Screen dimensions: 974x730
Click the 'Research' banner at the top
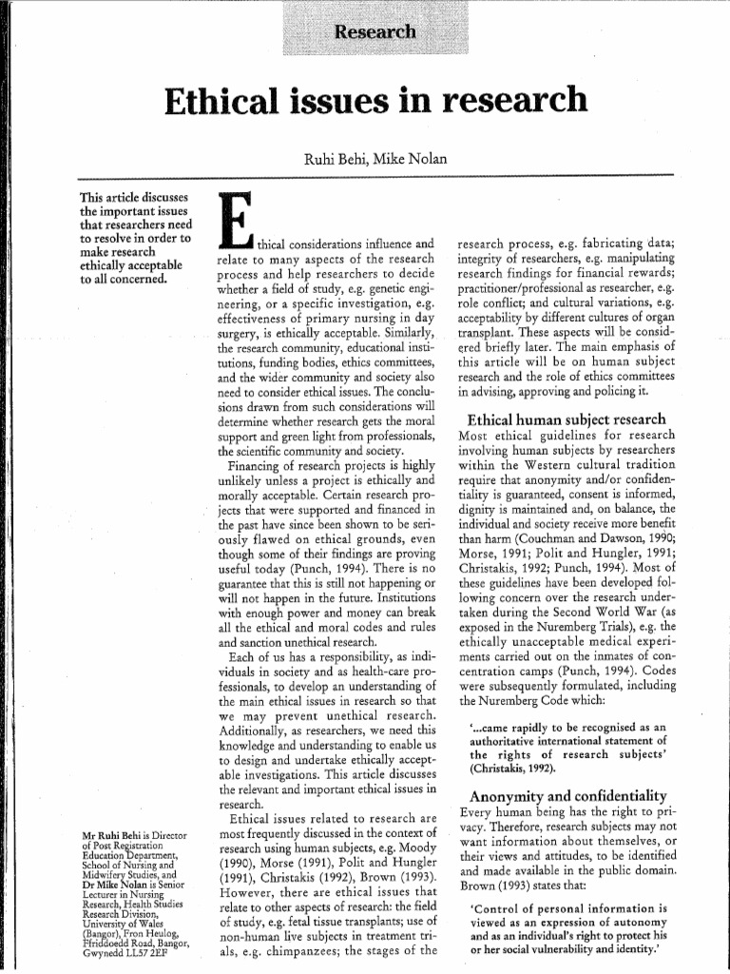point(375,32)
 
